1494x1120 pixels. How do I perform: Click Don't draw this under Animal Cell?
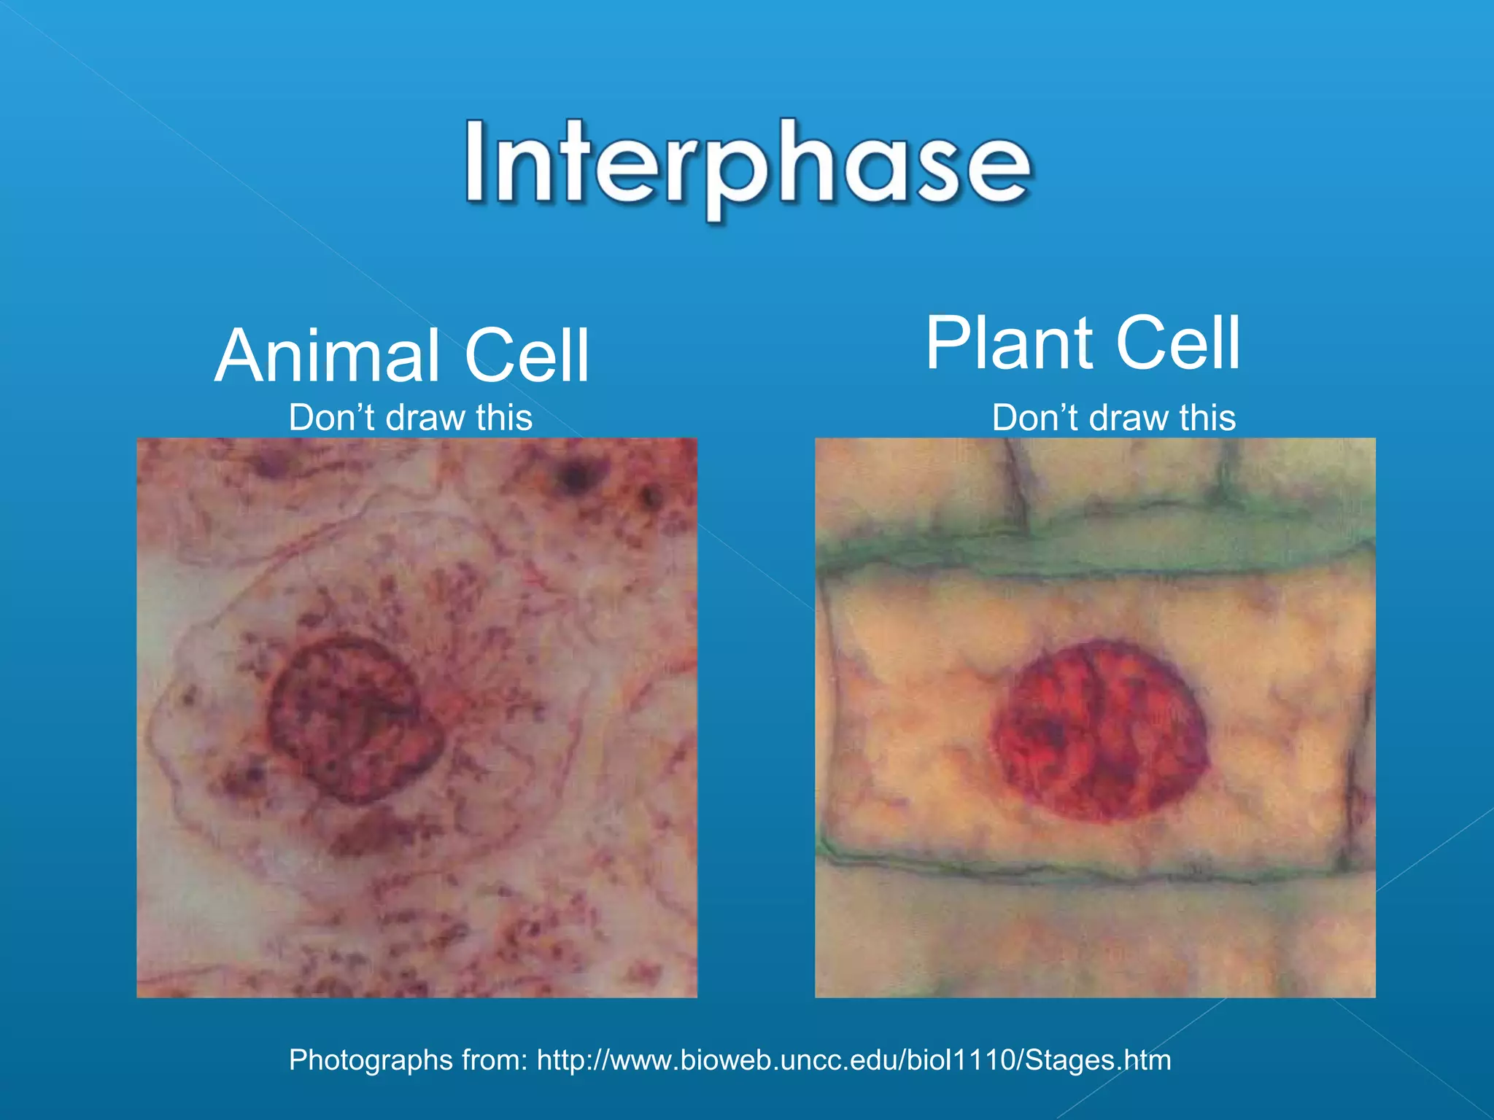click(410, 418)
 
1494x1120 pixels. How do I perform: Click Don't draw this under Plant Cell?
click(1113, 418)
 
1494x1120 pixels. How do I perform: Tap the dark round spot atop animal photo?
click(576, 478)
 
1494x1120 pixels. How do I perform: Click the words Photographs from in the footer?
click(407, 1059)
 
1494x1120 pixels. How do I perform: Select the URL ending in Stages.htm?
click(854, 1059)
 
